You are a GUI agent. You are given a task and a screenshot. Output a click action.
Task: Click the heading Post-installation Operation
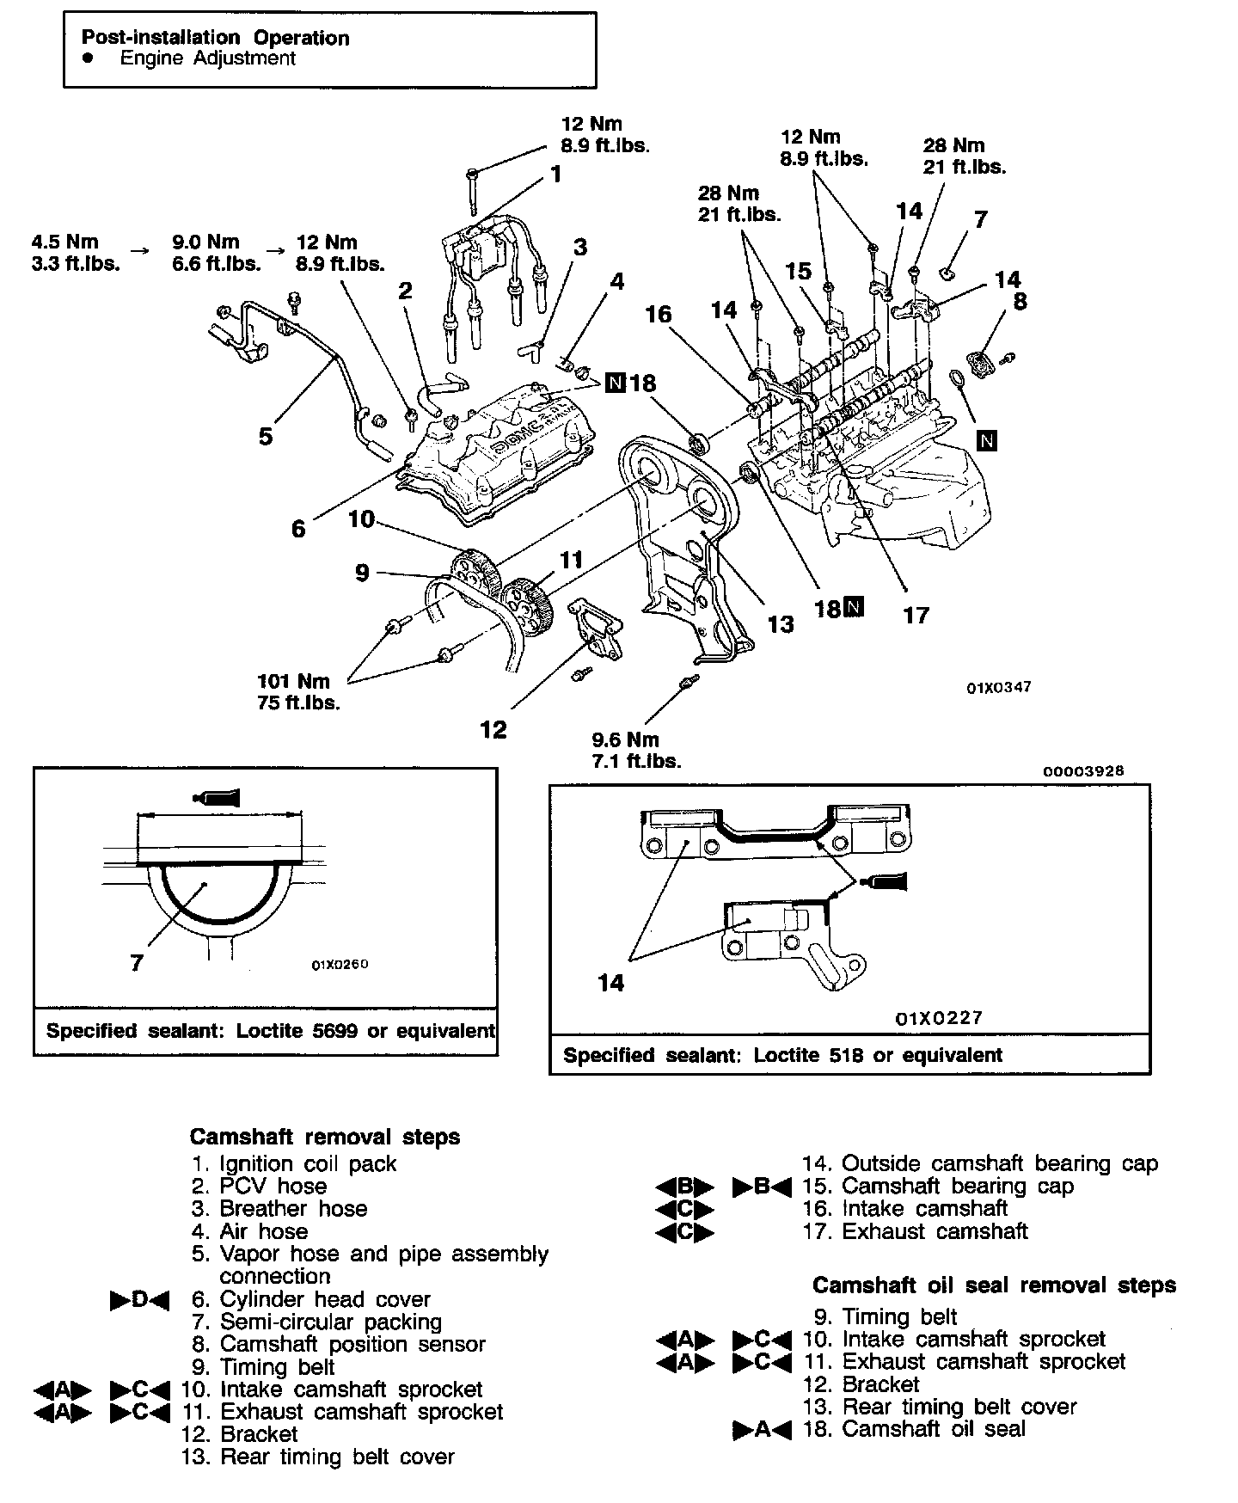[x=215, y=38]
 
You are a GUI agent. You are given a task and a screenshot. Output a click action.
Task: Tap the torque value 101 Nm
[x=293, y=681]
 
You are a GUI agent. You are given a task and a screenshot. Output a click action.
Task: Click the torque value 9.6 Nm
[x=625, y=739]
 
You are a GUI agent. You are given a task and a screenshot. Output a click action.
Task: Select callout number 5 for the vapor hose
[x=266, y=436]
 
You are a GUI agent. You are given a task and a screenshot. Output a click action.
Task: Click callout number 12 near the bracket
[x=493, y=729]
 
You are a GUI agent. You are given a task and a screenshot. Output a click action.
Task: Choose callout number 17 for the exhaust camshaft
[x=916, y=615]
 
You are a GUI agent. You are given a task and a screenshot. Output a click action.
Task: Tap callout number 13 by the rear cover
[x=780, y=623]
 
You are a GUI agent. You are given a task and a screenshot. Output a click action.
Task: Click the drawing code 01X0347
[x=999, y=687]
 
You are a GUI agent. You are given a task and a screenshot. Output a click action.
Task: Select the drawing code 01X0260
[x=340, y=964]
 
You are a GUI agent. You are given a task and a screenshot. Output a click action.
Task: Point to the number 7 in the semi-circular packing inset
[x=137, y=963]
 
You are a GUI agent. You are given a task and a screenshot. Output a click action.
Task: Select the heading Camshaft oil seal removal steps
[x=994, y=1285]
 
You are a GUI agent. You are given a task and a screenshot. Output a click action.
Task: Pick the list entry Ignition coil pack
[x=308, y=1164]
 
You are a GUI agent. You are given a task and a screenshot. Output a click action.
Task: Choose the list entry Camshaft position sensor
[x=352, y=1344]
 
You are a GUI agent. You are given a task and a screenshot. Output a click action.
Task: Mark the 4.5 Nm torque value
[x=65, y=242]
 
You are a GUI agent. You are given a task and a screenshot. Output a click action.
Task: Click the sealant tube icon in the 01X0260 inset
[x=218, y=798]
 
